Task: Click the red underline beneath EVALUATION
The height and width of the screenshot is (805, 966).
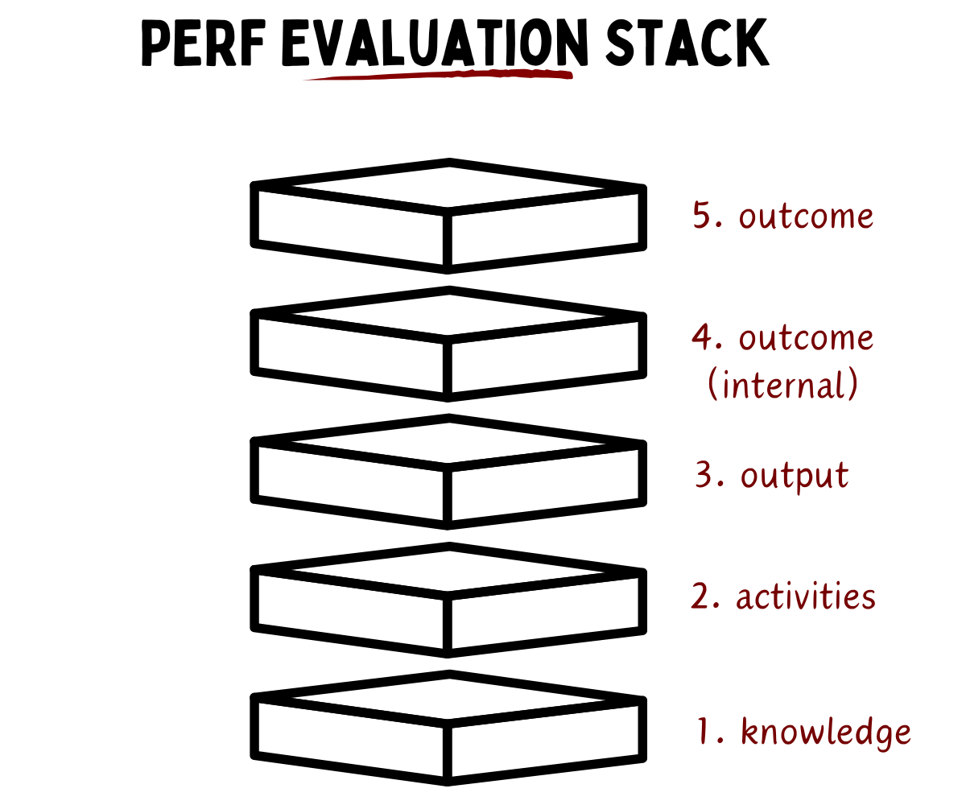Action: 439,76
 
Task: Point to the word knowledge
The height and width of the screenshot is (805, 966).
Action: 826,733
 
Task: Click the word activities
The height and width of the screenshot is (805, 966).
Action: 806,597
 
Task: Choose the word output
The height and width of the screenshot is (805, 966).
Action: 795,476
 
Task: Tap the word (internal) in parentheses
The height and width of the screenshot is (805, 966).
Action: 782,386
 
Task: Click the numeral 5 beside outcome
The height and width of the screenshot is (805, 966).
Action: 705,217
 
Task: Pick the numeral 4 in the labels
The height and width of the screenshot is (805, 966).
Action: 704,338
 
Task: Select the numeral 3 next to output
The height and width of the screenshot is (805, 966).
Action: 707,476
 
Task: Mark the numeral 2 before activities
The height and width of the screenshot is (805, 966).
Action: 703,597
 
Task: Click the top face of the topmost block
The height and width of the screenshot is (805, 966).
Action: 448,187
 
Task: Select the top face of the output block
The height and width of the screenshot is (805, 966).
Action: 448,441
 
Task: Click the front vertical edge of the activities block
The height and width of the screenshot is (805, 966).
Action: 448,624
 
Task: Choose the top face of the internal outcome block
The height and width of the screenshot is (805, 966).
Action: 448,314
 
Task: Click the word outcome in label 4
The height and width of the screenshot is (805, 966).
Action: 806,338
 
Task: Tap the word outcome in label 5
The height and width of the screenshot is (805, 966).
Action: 806,217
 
